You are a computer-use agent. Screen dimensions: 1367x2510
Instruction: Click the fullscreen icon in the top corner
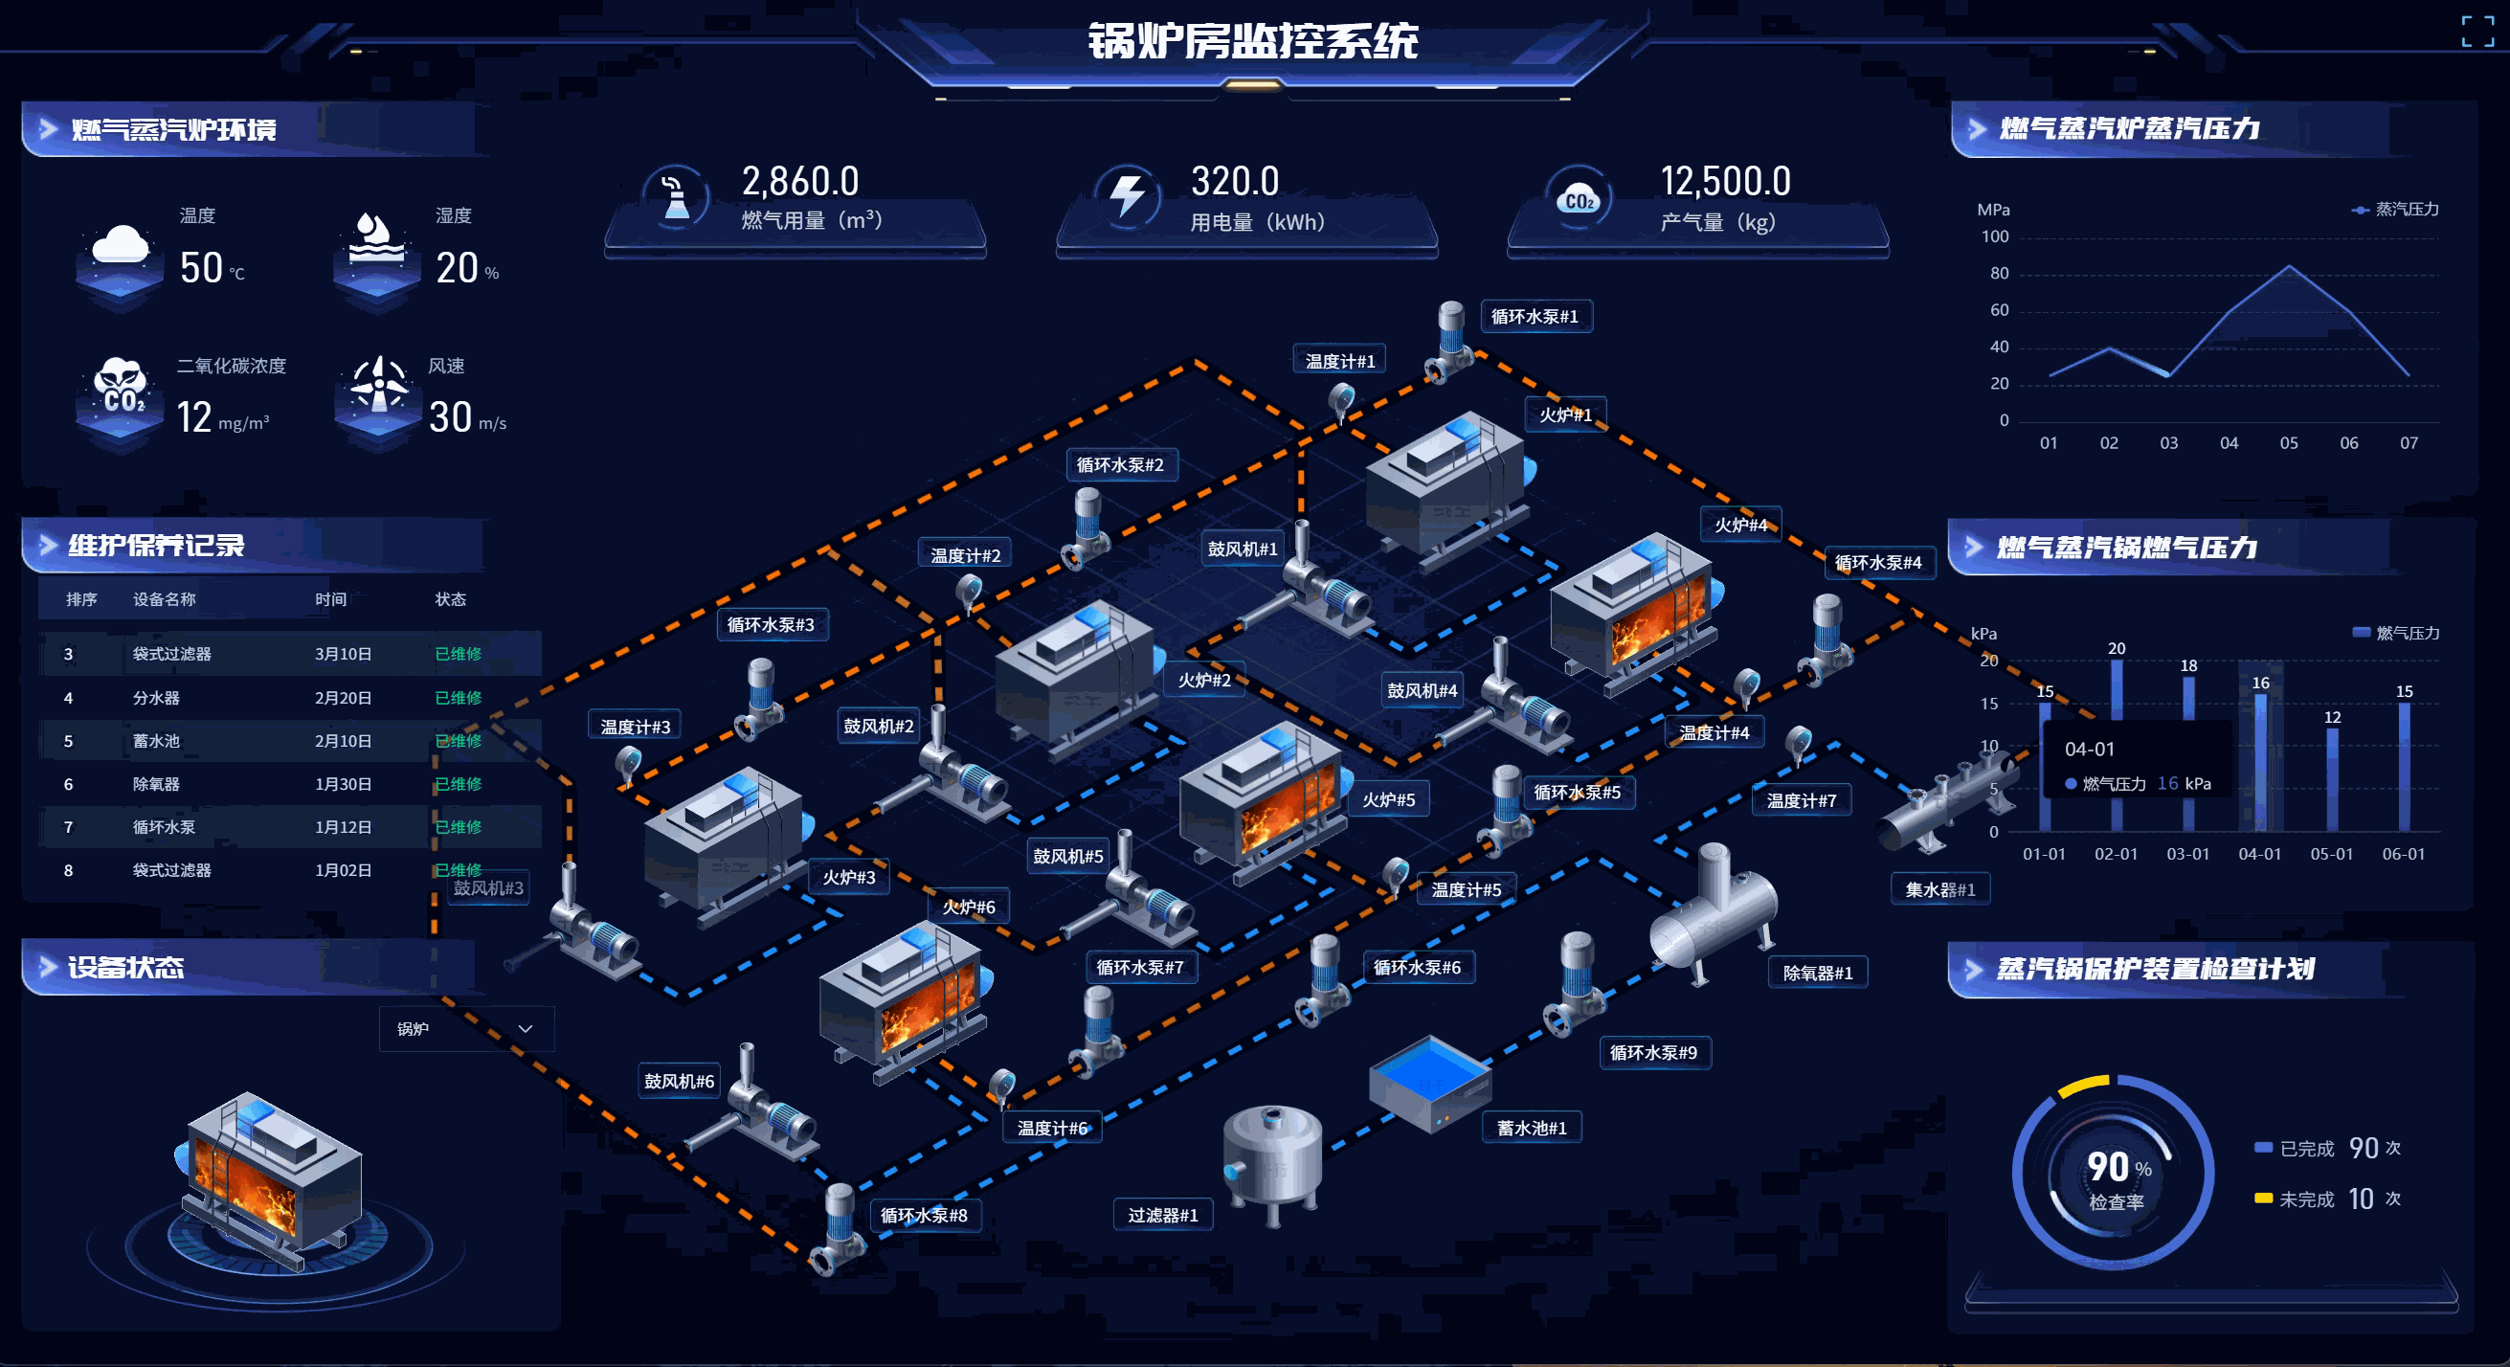point(2476,32)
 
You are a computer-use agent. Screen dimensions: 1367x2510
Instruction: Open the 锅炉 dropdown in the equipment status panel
point(466,1029)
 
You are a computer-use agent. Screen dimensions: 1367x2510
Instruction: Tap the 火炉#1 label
point(1565,415)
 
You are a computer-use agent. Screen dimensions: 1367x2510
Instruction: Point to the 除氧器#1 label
point(1817,974)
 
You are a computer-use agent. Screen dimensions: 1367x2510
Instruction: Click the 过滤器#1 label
point(1162,1216)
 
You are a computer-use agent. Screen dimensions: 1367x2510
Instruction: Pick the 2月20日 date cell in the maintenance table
point(343,698)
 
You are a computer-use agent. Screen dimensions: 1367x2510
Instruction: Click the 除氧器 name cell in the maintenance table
point(156,784)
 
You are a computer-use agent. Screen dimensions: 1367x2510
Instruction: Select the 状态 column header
point(450,599)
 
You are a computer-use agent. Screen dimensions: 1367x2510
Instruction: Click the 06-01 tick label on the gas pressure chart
point(2403,855)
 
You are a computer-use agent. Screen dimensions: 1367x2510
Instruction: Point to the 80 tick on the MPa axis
point(1999,274)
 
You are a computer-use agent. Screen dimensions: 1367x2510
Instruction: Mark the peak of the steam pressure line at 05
point(2289,266)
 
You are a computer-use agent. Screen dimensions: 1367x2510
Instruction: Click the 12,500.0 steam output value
point(1725,181)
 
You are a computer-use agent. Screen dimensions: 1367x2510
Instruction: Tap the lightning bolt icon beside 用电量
point(1128,196)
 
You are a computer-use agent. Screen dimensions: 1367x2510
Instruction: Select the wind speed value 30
point(450,417)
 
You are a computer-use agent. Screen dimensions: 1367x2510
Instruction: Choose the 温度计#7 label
point(1801,801)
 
